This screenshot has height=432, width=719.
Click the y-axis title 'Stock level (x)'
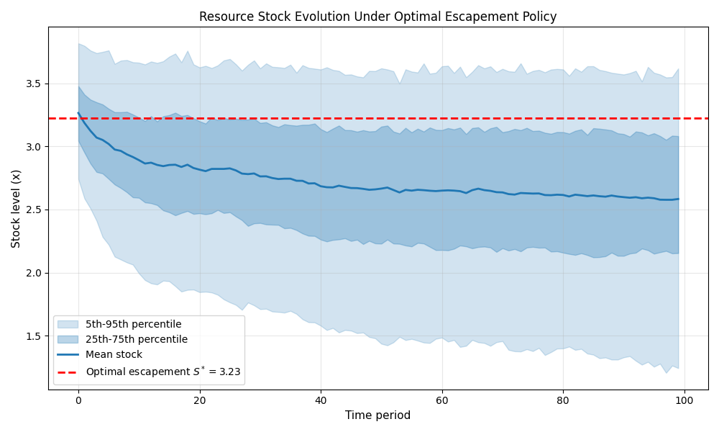[x=16, y=209]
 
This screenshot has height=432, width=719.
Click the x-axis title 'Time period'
[x=377, y=415]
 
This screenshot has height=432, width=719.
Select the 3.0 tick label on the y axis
[x=34, y=147]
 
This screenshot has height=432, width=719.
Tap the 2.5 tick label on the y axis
[x=34, y=210]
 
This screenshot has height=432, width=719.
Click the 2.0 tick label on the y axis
[x=34, y=273]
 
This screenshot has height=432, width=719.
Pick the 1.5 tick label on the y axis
[x=34, y=336]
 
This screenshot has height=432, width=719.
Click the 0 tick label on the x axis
[x=78, y=400]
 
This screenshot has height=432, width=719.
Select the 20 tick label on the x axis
[x=199, y=400]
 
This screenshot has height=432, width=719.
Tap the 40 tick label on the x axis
[x=321, y=400]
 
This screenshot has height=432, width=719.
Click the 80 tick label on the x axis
[x=563, y=400]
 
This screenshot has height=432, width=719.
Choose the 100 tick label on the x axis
[x=684, y=400]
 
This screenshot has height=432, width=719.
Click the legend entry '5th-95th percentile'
[x=133, y=324]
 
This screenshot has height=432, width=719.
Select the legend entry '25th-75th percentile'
[x=136, y=339]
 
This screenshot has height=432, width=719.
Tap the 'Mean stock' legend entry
[x=114, y=354]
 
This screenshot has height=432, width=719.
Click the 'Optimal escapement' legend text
[x=162, y=372]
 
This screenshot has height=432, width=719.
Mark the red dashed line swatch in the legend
[x=68, y=372]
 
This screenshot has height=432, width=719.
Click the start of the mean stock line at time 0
[x=78, y=113]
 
